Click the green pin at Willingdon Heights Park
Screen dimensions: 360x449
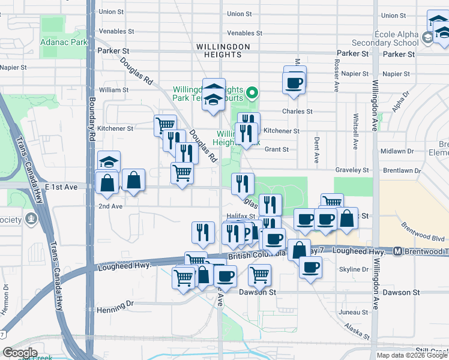(253, 93)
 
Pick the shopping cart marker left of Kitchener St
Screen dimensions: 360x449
(165, 125)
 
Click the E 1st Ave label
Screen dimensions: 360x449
(63, 187)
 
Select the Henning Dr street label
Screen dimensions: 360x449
(115, 304)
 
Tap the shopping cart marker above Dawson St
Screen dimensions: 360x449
(259, 275)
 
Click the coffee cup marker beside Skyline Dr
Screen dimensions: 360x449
(310, 267)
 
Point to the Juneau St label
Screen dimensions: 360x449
(352, 312)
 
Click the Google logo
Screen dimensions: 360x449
(19, 353)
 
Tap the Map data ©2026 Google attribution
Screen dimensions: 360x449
(412, 355)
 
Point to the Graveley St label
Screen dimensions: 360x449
(352, 170)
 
